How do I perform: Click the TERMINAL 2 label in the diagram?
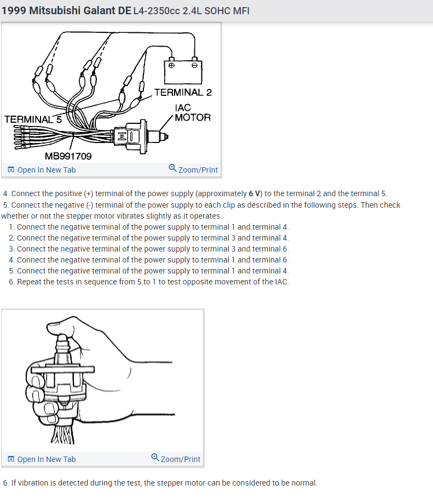pyautogui.click(x=183, y=92)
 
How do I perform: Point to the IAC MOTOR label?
pyautogui.click(x=192, y=112)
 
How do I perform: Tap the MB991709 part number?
pyautogui.click(x=68, y=156)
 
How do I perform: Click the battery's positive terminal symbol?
pyautogui.click(x=172, y=65)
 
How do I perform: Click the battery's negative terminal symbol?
pyautogui.click(x=194, y=65)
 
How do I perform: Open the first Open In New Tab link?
pyautogui.click(x=47, y=170)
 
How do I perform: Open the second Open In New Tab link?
pyautogui.click(x=47, y=459)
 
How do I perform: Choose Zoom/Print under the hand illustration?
pyautogui.click(x=181, y=459)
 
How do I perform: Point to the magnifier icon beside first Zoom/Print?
pyautogui.click(x=172, y=168)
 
